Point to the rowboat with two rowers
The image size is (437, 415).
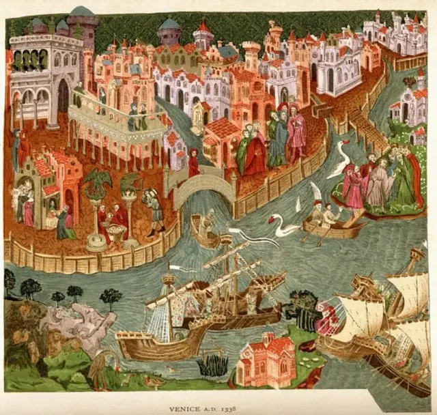point(333,225)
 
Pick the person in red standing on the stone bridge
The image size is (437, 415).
point(194,162)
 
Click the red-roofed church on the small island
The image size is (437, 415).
point(267,359)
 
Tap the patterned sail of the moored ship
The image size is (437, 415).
point(167,311)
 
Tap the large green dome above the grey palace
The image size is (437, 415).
point(82,12)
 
